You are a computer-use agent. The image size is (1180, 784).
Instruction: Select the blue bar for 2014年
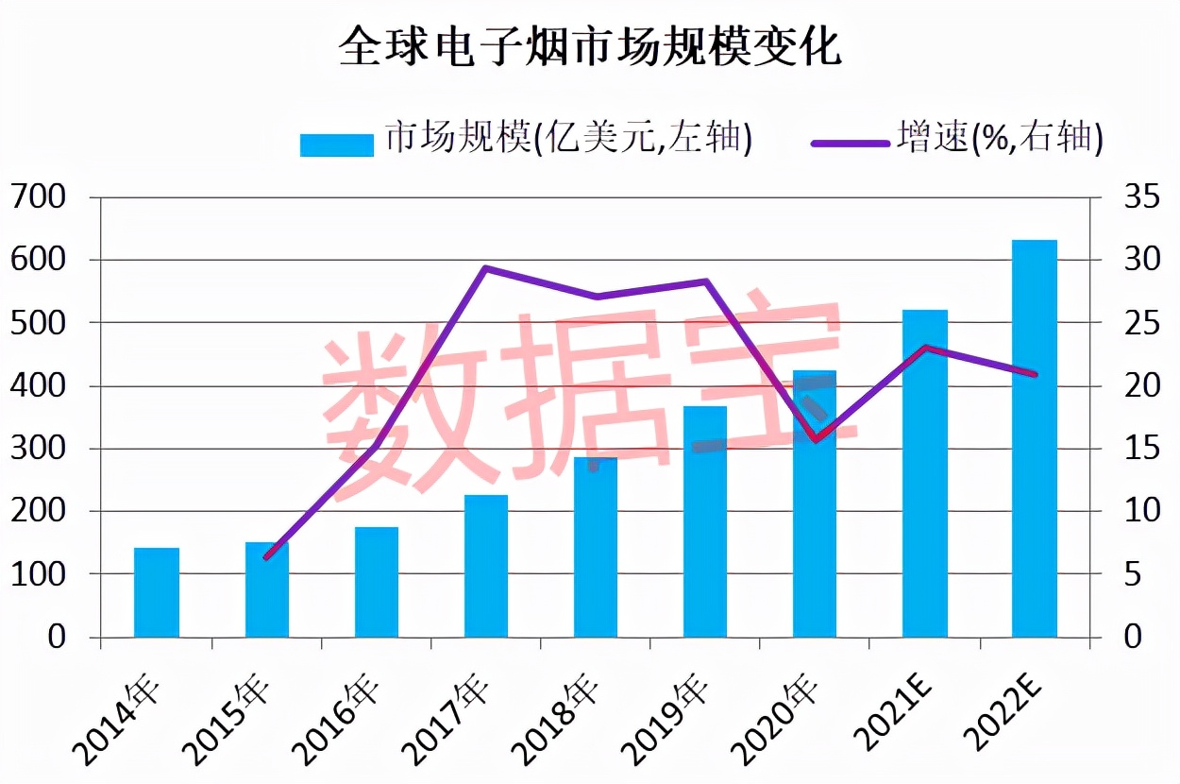coord(157,592)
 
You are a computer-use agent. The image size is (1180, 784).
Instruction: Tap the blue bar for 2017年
coord(486,566)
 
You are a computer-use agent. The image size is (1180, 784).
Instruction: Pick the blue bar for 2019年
coord(705,521)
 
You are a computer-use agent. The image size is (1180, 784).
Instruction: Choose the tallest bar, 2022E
coord(1035,438)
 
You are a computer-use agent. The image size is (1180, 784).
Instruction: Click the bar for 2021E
coord(925,472)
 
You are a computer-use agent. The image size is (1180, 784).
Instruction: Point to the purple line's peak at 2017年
coord(485,268)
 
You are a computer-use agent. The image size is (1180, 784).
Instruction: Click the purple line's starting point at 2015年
coord(267,557)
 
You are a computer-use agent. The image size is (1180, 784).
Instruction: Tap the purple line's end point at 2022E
coord(1035,374)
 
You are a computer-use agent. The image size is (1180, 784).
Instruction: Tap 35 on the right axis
coord(1138,197)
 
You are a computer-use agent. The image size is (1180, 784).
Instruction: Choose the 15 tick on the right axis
coord(1138,449)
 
